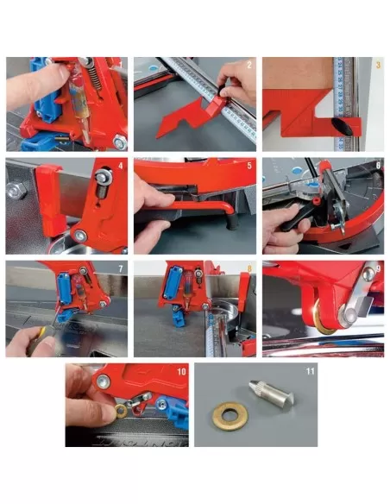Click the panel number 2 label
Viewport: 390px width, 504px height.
coord(248,65)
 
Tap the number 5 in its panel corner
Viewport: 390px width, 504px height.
coord(248,165)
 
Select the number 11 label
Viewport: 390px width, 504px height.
coord(312,371)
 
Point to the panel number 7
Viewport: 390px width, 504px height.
coord(121,267)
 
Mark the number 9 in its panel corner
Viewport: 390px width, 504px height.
coord(377,268)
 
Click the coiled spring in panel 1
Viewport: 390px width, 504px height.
coord(86,86)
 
